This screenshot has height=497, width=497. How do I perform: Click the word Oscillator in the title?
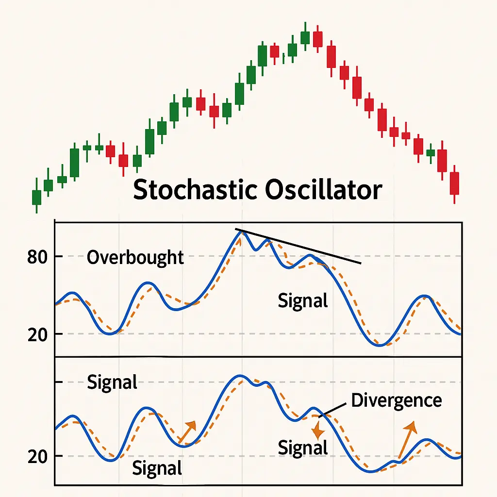(323, 190)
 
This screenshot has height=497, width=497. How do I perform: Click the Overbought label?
(135, 257)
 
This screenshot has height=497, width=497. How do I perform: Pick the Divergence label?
(396, 400)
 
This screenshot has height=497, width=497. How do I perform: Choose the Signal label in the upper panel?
(303, 301)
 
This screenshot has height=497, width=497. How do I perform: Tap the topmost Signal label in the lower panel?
(112, 382)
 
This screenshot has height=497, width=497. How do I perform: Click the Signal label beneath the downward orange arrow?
(303, 447)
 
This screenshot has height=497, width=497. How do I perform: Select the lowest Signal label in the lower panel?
(157, 468)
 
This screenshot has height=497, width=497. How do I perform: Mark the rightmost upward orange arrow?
(407, 439)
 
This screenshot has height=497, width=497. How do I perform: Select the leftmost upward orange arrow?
(188, 431)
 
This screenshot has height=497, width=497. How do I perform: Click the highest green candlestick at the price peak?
(305, 37)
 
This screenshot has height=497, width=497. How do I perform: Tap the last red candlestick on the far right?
(454, 183)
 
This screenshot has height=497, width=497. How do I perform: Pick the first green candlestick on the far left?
(36, 197)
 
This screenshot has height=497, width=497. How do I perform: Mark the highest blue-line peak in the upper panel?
(241, 232)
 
